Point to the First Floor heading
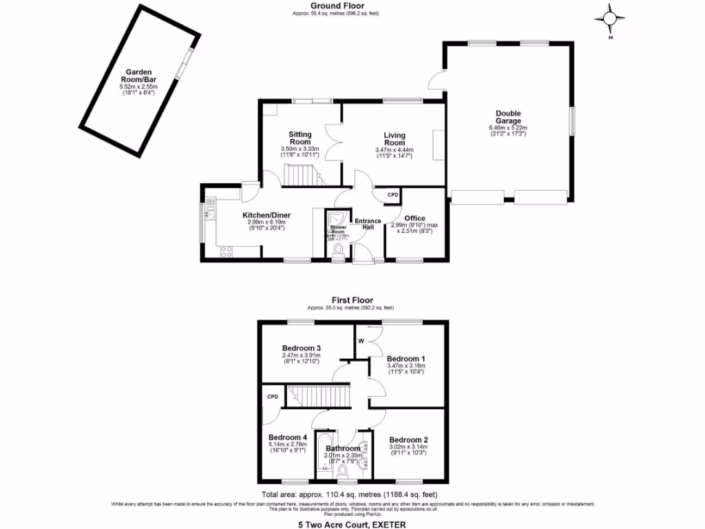point(352,300)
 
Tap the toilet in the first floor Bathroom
point(342,470)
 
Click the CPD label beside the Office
point(392,195)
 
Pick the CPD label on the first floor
point(273,397)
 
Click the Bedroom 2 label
point(408,439)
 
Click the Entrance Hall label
point(367,225)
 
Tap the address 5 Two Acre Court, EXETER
point(352,524)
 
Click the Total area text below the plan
point(349,495)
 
